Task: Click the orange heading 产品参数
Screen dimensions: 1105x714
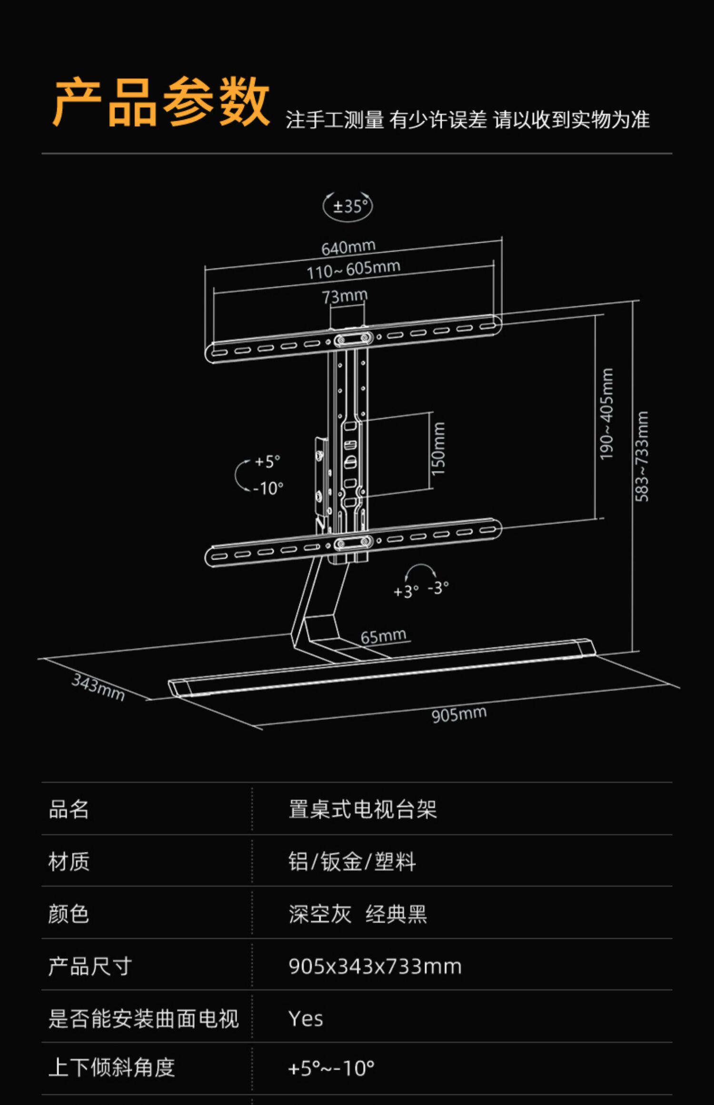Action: [161, 102]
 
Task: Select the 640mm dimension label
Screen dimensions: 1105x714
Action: [348, 247]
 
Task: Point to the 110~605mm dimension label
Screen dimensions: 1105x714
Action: [353, 270]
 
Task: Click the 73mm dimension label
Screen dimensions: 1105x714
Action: [345, 296]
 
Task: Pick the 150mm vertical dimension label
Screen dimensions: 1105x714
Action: [438, 448]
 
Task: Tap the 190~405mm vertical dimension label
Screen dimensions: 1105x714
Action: [606, 414]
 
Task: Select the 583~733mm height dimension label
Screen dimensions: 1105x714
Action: [642, 456]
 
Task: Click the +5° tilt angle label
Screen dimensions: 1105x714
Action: [267, 461]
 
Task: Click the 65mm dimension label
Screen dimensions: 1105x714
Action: [383, 636]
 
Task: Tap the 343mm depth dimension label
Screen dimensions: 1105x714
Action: [98, 687]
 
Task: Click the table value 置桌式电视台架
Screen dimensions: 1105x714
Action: [362, 809]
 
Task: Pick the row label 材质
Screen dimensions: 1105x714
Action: [69, 861]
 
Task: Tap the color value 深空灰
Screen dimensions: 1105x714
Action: [319, 914]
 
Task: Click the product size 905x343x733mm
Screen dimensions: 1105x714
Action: [375, 967]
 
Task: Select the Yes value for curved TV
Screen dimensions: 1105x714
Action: [306, 1019]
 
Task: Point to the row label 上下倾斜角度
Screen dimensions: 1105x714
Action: [111, 1067]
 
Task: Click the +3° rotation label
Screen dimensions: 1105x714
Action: [406, 592]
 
